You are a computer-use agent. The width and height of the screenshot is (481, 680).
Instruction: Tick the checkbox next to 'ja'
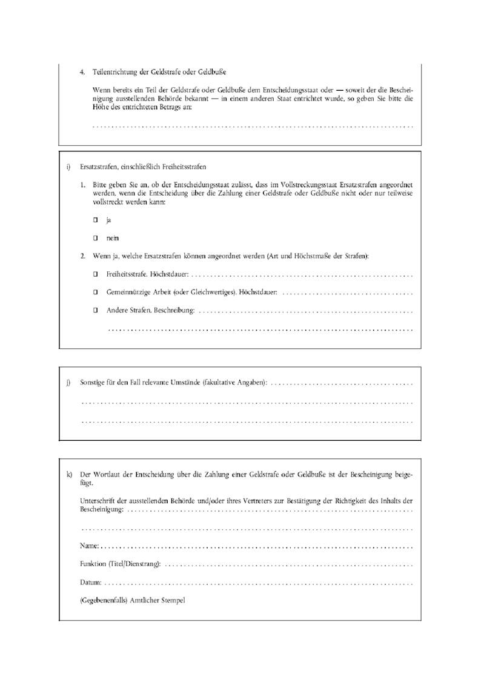[95, 220]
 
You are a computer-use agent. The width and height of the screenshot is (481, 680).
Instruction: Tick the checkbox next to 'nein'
[95, 238]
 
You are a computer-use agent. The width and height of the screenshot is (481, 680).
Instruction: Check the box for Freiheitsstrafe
[95, 274]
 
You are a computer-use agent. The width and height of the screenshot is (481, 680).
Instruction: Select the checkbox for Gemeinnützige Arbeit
[95, 292]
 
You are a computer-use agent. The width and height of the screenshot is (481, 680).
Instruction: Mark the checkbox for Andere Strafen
[95, 311]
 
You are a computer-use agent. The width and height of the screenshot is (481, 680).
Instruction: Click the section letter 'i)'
[68, 167]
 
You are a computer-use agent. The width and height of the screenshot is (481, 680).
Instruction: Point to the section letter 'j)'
[68, 383]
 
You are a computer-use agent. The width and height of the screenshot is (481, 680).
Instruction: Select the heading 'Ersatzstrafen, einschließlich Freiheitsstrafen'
[145, 167]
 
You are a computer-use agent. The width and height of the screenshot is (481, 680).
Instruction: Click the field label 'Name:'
[90, 546]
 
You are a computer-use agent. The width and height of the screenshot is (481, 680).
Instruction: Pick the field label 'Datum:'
[91, 583]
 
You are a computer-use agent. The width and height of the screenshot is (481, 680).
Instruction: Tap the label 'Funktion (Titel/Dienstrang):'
[121, 564]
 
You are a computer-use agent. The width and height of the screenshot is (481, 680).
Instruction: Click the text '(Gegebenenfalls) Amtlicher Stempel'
[132, 601]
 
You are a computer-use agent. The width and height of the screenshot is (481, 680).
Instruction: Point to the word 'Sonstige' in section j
[93, 383]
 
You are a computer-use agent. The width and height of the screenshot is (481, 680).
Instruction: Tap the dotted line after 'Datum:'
[257, 583]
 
